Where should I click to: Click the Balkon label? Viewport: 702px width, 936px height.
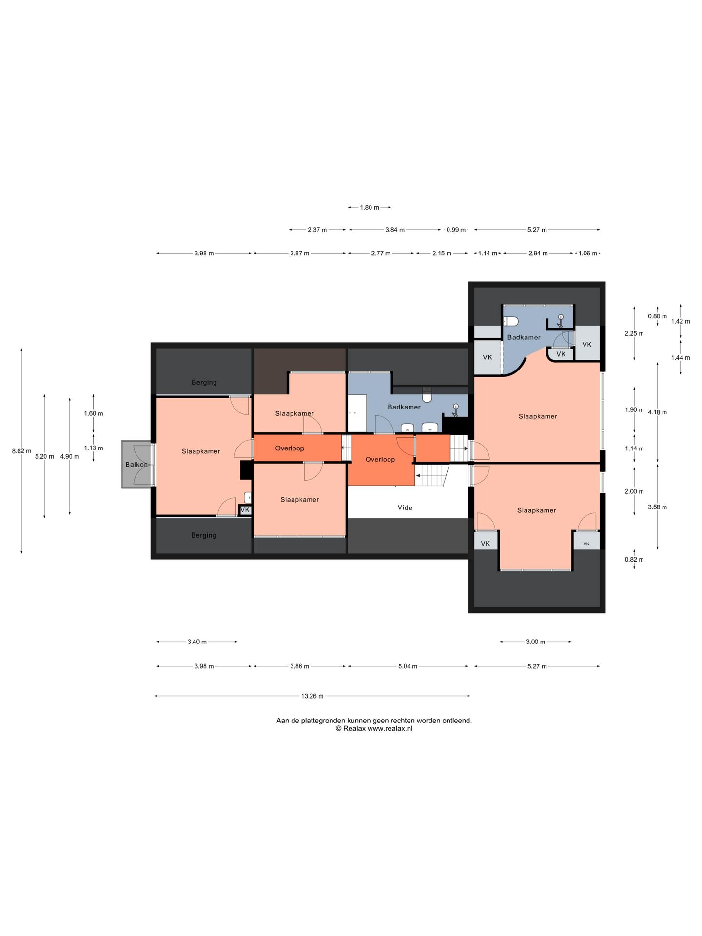(x=136, y=465)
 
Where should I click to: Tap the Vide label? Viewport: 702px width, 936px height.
(x=405, y=507)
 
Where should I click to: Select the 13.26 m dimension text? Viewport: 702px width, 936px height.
(x=312, y=696)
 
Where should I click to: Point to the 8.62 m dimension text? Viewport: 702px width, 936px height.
(x=21, y=451)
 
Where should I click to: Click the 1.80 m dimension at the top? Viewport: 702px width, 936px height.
(x=370, y=208)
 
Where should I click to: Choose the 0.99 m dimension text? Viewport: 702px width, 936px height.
(x=456, y=230)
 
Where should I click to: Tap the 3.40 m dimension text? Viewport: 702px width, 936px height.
(x=197, y=642)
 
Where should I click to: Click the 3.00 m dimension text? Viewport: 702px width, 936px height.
(x=535, y=642)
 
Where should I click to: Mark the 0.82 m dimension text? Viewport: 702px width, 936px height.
(x=634, y=560)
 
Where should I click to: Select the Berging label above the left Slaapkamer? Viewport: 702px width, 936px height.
(x=204, y=383)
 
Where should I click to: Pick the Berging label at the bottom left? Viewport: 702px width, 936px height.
(x=204, y=535)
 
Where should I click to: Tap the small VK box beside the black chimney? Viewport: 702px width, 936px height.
(x=245, y=510)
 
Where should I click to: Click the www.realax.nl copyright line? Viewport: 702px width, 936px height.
(x=374, y=729)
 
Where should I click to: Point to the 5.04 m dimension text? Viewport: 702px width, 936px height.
(x=408, y=666)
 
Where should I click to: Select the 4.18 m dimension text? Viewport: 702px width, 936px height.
(x=657, y=412)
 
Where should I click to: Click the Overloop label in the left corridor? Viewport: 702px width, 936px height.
(x=290, y=448)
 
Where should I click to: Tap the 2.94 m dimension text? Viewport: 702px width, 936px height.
(x=538, y=253)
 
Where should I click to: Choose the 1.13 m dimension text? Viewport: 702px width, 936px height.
(x=94, y=448)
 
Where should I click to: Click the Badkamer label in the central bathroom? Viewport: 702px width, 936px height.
(x=404, y=407)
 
